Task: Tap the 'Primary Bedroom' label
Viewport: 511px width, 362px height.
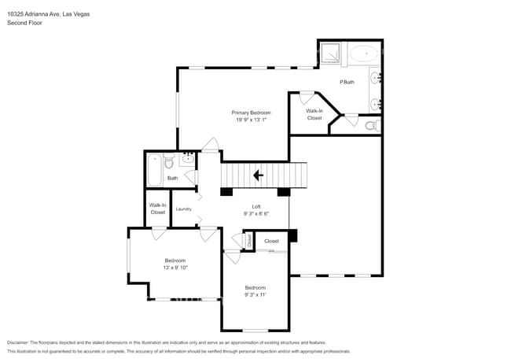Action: (x=251, y=113)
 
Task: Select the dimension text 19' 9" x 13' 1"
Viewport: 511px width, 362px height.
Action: (x=251, y=120)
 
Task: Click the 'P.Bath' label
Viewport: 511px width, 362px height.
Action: (x=346, y=82)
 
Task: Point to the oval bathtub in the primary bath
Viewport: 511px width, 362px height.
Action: (x=362, y=54)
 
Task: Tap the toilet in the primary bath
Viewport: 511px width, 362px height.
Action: (x=370, y=124)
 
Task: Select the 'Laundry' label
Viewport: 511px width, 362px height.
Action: (x=184, y=209)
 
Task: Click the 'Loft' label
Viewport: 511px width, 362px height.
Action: (x=256, y=205)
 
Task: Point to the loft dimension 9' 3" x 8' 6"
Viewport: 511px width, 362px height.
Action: (x=256, y=213)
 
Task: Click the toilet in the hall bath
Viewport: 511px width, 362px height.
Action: (x=167, y=163)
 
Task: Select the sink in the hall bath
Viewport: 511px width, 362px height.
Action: (x=187, y=161)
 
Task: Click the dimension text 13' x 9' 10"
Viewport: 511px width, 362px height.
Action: (x=175, y=268)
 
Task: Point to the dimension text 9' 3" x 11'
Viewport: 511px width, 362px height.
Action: (x=255, y=295)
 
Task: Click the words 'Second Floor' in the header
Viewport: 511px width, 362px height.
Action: (x=24, y=23)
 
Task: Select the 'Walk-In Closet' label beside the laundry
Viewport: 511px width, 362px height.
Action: (x=157, y=209)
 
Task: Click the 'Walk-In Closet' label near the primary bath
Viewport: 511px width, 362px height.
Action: (x=314, y=114)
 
